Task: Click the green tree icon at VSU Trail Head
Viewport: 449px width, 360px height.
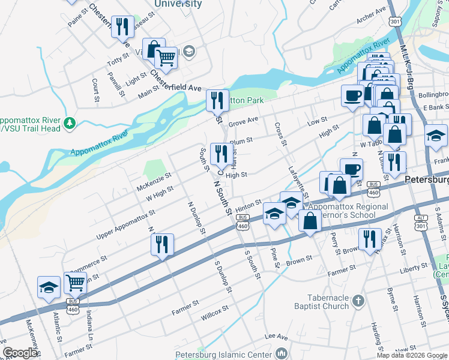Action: [71, 123]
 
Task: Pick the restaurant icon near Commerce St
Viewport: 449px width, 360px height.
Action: [162, 244]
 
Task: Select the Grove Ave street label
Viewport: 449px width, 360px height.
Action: [243, 122]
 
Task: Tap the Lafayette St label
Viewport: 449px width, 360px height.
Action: [298, 182]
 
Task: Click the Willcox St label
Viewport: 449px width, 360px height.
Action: [215, 313]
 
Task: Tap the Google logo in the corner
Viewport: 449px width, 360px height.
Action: [20, 353]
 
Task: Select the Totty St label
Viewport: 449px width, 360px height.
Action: [118, 60]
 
